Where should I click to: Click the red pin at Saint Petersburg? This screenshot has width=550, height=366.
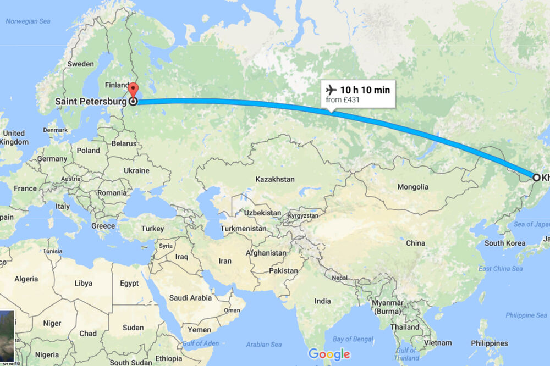(133, 90)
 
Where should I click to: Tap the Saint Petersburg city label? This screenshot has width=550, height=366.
(91, 102)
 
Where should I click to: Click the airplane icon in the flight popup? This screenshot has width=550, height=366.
(331, 90)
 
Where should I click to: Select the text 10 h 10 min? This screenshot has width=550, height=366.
(364, 90)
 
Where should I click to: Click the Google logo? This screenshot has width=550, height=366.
(328, 354)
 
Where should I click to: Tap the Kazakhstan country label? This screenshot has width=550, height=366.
(275, 179)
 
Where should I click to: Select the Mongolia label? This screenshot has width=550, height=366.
(413, 186)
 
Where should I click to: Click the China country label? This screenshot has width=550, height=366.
(415, 243)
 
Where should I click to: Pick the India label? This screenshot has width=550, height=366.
(322, 301)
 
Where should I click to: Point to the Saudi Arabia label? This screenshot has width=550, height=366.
(190, 298)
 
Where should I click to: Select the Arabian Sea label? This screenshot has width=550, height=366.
(264, 345)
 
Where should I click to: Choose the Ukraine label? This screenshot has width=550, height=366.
(136, 170)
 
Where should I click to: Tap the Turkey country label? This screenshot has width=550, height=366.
(152, 229)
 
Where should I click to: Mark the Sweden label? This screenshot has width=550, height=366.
(80, 64)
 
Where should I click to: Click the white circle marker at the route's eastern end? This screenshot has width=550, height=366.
(536, 177)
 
